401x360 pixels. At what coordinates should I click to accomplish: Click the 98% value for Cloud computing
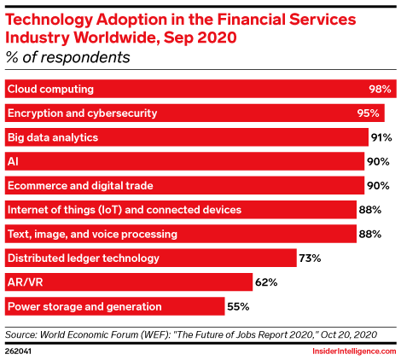click(380, 90)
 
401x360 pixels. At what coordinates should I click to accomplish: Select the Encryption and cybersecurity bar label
click(82, 113)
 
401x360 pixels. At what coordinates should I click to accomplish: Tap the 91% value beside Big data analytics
click(381, 137)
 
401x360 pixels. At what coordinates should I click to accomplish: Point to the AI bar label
click(13, 161)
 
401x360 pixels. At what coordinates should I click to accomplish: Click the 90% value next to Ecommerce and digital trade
click(378, 186)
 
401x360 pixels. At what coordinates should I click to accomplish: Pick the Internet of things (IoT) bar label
click(125, 210)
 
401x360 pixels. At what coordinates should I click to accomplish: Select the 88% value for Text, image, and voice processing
click(370, 234)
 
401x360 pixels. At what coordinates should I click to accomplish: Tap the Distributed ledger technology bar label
click(84, 258)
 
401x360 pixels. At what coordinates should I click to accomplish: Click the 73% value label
click(310, 258)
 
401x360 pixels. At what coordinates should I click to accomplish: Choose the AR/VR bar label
click(26, 282)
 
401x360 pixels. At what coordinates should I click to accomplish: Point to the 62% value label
click(266, 282)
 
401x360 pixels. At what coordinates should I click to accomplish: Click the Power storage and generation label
click(84, 306)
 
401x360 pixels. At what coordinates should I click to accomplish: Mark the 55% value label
click(238, 306)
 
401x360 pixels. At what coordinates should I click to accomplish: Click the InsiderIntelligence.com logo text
click(354, 351)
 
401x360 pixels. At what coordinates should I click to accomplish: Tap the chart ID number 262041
click(18, 351)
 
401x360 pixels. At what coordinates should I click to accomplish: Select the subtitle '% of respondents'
click(67, 57)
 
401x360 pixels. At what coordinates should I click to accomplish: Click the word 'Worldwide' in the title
click(116, 38)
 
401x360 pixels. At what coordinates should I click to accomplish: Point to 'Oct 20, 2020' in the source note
click(349, 334)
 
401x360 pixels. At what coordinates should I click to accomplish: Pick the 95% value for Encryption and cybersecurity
click(369, 113)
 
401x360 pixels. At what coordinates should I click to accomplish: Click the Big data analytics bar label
click(53, 137)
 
